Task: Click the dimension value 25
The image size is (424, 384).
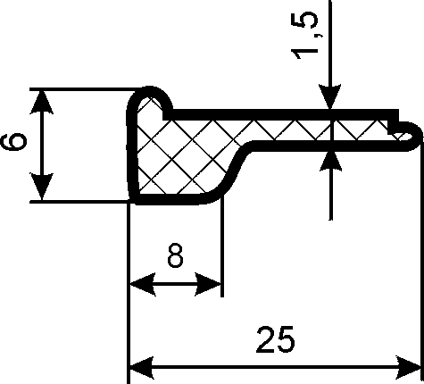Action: click(x=275, y=339)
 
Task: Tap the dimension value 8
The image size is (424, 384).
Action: click(x=175, y=255)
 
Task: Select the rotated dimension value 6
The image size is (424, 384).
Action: click(x=13, y=142)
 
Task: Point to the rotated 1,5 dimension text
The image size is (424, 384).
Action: click(x=304, y=37)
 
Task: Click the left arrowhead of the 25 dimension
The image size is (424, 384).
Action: click(x=142, y=367)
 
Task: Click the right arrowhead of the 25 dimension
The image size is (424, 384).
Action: click(x=408, y=367)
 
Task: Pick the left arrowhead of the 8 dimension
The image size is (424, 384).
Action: click(x=143, y=284)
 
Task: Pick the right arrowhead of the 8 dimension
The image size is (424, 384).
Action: click(x=208, y=284)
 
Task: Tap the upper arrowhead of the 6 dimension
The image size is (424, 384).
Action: click(x=42, y=102)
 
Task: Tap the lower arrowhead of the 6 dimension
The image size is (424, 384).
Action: click(x=42, y=187)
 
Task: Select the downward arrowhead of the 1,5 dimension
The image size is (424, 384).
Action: click(x=330, y=97)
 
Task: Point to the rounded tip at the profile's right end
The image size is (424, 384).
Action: click(x=412, y=136)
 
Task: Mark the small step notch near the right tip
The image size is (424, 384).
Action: click(x=394, y=122)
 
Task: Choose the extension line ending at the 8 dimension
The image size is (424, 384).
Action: click(x=222, y=246)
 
